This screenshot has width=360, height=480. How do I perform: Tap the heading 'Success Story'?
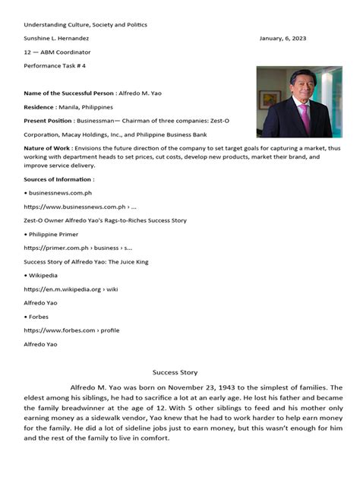(175, 372)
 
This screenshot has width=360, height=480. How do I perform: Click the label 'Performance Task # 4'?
(54, 67)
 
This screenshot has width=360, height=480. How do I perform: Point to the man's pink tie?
(305, 118)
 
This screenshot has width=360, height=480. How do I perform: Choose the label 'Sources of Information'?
(58, 179)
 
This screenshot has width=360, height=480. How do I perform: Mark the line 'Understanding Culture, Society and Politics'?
(85, 24)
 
